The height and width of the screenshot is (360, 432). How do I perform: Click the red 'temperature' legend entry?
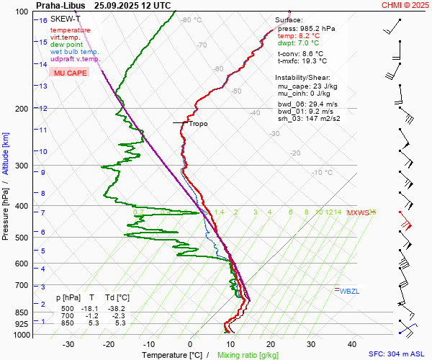[x=71, y=30]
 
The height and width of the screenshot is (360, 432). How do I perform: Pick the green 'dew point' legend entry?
[x=67, y=45]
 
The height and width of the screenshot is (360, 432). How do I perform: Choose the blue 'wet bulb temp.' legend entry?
[x=75, y=52]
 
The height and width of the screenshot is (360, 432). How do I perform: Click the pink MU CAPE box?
[x=71, y=73]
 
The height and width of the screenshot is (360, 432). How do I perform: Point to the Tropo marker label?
[x=198, y=124]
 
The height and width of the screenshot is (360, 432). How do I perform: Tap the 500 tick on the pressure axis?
[x=24, y=238]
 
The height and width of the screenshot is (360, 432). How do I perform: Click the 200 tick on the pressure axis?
[x=24, y=109]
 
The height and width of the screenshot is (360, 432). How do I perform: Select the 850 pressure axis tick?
[x=24, y=313]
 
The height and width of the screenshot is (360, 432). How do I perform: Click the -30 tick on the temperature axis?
[x=68, y=344]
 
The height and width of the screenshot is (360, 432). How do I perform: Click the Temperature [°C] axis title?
[x=171, y=355]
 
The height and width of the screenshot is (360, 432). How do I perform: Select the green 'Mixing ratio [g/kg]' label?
[x=248, y=355]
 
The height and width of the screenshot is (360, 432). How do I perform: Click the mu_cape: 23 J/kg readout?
[x=307, y=86]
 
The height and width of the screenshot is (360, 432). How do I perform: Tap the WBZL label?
[x=349, y=291]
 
